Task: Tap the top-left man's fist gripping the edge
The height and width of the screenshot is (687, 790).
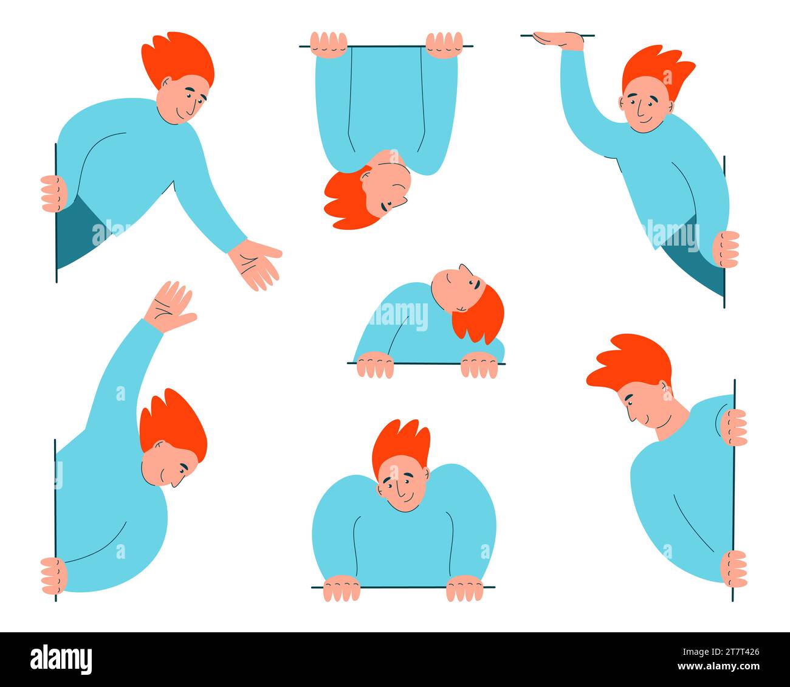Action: coord(53,193)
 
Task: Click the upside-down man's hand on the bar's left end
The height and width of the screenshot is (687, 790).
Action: coord(328,44)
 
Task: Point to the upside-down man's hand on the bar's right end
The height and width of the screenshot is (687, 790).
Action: coord(444,44)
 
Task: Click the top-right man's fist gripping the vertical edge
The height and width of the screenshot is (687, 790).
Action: coord(726,249)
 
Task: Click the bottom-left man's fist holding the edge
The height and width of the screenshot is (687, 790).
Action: coord(53,575)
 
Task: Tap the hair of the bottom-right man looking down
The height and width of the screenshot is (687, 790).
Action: coord(632,362)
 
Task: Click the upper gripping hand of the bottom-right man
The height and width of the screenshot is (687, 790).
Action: coord(733,427)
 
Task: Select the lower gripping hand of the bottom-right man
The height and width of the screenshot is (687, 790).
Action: coord(733,568)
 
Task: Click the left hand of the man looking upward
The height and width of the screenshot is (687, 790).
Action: coord(375,367)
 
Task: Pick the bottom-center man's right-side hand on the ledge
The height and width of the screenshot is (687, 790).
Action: coord(465,589)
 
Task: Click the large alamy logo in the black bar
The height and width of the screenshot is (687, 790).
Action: coord(61,659)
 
